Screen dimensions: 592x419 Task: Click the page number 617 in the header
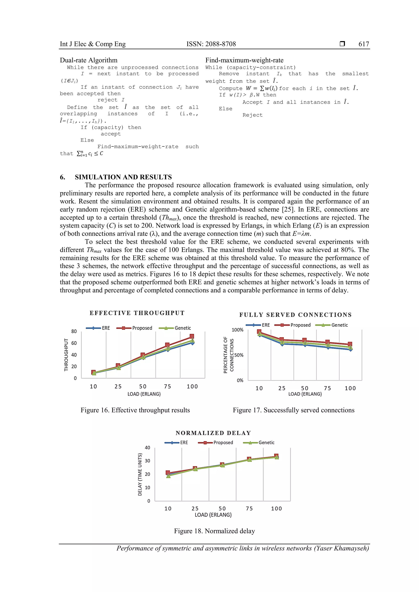click(x=364, y=44)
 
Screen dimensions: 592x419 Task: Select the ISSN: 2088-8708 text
click(x=211, y=44)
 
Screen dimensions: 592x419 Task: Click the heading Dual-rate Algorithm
click(x=89, y=60)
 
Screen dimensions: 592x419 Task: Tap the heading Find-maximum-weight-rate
click(x=244, y=60)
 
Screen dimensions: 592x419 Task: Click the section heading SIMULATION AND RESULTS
click(x=123, y=177)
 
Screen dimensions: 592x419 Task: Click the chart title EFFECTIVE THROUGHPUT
click(x=137, y=313)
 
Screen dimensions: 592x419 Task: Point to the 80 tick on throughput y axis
click(x=74, y=331)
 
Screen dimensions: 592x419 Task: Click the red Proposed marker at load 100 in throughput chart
click(x=191, y=336)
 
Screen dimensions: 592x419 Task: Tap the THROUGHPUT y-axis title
click(x=66, y=355)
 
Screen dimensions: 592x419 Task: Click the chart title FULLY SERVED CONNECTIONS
click(x=295, y=315)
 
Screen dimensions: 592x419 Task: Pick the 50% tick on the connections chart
click(x=239, y=355)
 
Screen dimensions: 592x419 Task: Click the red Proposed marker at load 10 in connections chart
click(x=259, y=332)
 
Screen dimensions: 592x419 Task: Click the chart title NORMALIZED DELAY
click(x=213, y=433)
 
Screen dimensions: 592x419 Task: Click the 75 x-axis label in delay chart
click(x=249, y=508)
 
